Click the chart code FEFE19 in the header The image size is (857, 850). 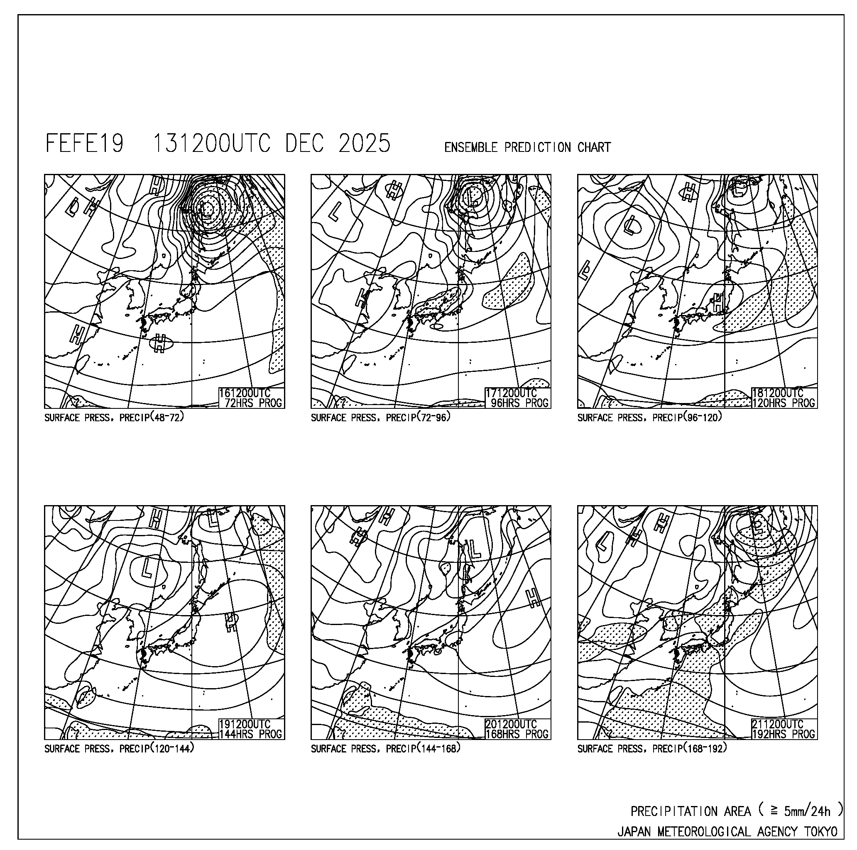(84, 144)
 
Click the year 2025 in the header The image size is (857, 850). (364, 144)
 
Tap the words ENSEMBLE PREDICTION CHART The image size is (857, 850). (527, 147)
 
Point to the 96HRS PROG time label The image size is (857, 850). (519, 403)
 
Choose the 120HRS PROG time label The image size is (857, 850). (784, 403)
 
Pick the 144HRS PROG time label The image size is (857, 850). (251, 734)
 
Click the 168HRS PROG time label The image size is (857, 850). (517, 734)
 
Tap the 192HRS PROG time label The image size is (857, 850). (784, 734)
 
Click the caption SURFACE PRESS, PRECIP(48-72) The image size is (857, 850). (114, 417)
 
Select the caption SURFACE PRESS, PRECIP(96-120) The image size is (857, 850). (650, 417)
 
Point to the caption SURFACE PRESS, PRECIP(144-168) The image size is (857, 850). (385, 748)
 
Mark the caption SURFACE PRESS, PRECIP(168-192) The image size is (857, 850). (652, 748)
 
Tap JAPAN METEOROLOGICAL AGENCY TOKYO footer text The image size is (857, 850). (727, 831)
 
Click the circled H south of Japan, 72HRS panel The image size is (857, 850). (160, 343)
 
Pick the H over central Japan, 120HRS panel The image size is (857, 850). (717, 303)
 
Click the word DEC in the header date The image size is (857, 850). (304, 144)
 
